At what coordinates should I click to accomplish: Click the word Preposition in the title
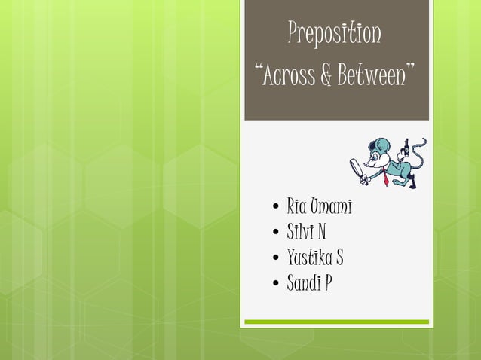pyautogui.click(x=335, y=33)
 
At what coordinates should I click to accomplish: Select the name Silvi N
pyautogui.click(x=306, y=231)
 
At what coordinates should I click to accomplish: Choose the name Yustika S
pyautogui.click(x=314, y=258)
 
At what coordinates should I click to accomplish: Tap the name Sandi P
pyautogui.click(x=308, y=283)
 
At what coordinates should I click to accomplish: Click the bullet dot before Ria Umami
pyautogui.click(x=277, y=206)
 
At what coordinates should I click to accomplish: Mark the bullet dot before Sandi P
pyautogui.click(x=277, y=284)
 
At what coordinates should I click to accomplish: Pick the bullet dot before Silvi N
pyautogui.click(x=277, y=232)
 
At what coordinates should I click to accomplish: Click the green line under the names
pyautogui.click(x=336, y=322)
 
